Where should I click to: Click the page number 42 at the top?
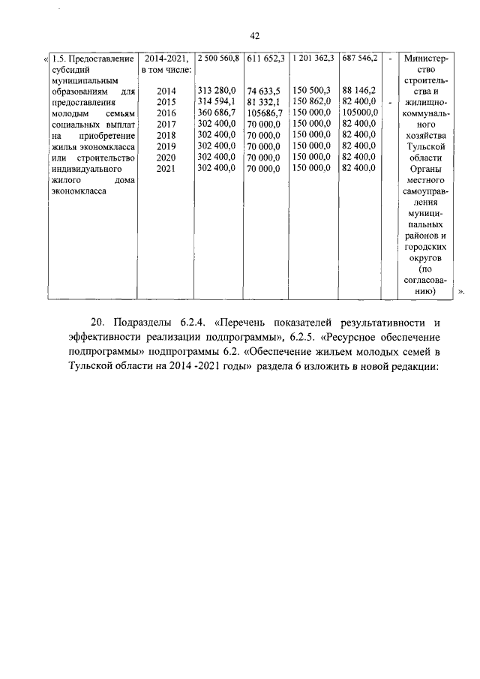click(x=254, y=35)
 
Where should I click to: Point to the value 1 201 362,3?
click(x=313, y=57)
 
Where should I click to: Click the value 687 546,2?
click(x=360, y=57)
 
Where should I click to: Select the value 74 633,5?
click(x=265, y=91)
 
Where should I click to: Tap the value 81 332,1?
click(x=265, y=102)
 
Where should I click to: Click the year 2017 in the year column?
click(x=166, y=125)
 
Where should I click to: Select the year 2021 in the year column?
click(x=166, y=170)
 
